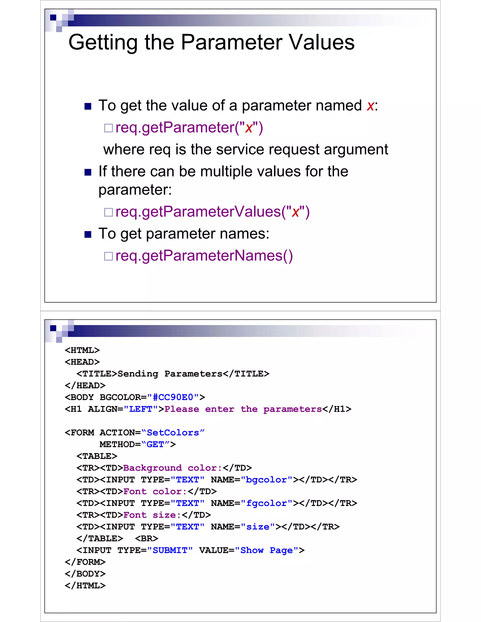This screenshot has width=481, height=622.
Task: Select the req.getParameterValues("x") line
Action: (212, 212)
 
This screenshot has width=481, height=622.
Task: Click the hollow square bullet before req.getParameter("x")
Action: (108, 128)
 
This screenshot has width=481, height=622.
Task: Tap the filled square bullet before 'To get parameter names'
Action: (88, 234)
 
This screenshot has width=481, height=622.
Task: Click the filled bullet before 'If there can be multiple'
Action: (88, 172)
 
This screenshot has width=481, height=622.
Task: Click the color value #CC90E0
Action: (173, 397)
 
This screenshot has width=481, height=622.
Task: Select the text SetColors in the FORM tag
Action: (173, 433)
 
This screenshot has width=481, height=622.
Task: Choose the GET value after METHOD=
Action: (155, 444)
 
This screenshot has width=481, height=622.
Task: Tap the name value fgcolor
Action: (266, 503)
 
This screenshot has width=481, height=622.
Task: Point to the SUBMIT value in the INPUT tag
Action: (170, 550)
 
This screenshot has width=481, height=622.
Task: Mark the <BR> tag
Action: (147, 538)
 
